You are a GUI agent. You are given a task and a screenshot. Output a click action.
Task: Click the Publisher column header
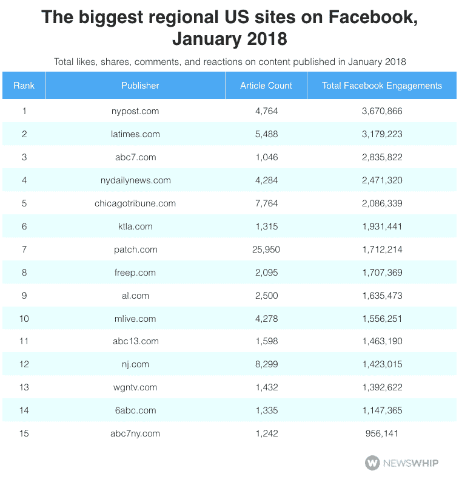140,86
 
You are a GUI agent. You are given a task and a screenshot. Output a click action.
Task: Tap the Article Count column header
266,86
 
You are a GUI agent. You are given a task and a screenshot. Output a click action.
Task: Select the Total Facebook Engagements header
382,86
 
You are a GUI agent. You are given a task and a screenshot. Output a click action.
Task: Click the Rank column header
24,86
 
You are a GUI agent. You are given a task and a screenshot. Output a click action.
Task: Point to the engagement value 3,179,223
382,134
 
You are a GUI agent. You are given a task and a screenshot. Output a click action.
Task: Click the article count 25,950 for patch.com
266,250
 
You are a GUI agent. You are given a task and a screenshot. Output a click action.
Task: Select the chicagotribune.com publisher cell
135,203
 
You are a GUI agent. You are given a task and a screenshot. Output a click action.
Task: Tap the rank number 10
24,318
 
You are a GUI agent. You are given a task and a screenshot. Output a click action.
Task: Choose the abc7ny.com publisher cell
135,433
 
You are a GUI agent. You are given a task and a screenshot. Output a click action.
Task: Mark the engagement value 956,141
382,433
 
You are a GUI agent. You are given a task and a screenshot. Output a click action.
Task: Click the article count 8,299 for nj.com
266,364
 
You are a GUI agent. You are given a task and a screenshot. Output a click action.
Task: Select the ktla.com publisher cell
135,226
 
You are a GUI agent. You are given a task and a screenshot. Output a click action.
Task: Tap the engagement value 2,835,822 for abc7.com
382,157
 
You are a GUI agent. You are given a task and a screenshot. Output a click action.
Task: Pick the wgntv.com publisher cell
135,387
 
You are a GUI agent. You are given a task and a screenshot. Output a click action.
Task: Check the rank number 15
24,433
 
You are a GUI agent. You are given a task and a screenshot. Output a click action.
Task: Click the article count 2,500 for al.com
266,296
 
